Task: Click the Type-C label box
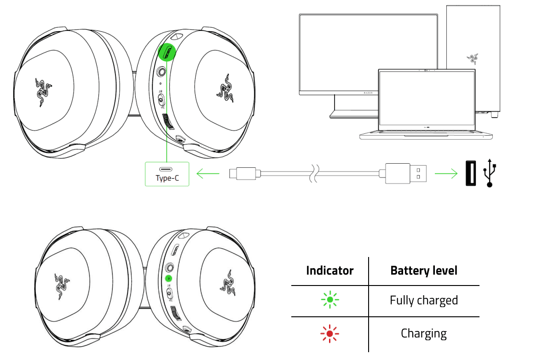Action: (167, 174)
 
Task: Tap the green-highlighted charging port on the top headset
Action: (168, 52)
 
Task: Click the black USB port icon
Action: (470, 173)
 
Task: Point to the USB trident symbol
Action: (490, 173)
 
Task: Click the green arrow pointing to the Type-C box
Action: (208, 174)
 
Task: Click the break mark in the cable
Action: (314, 173)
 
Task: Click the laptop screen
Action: (427, 99)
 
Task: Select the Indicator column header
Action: (329, 270)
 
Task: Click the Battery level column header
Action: (424, 270)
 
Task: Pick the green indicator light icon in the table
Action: (329, 301)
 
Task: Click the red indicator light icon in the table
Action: (329, 333)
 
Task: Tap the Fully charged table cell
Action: (424, 301)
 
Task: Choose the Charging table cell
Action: (424, 333)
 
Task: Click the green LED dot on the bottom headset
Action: (168, 279)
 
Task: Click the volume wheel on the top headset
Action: (166, 122)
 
